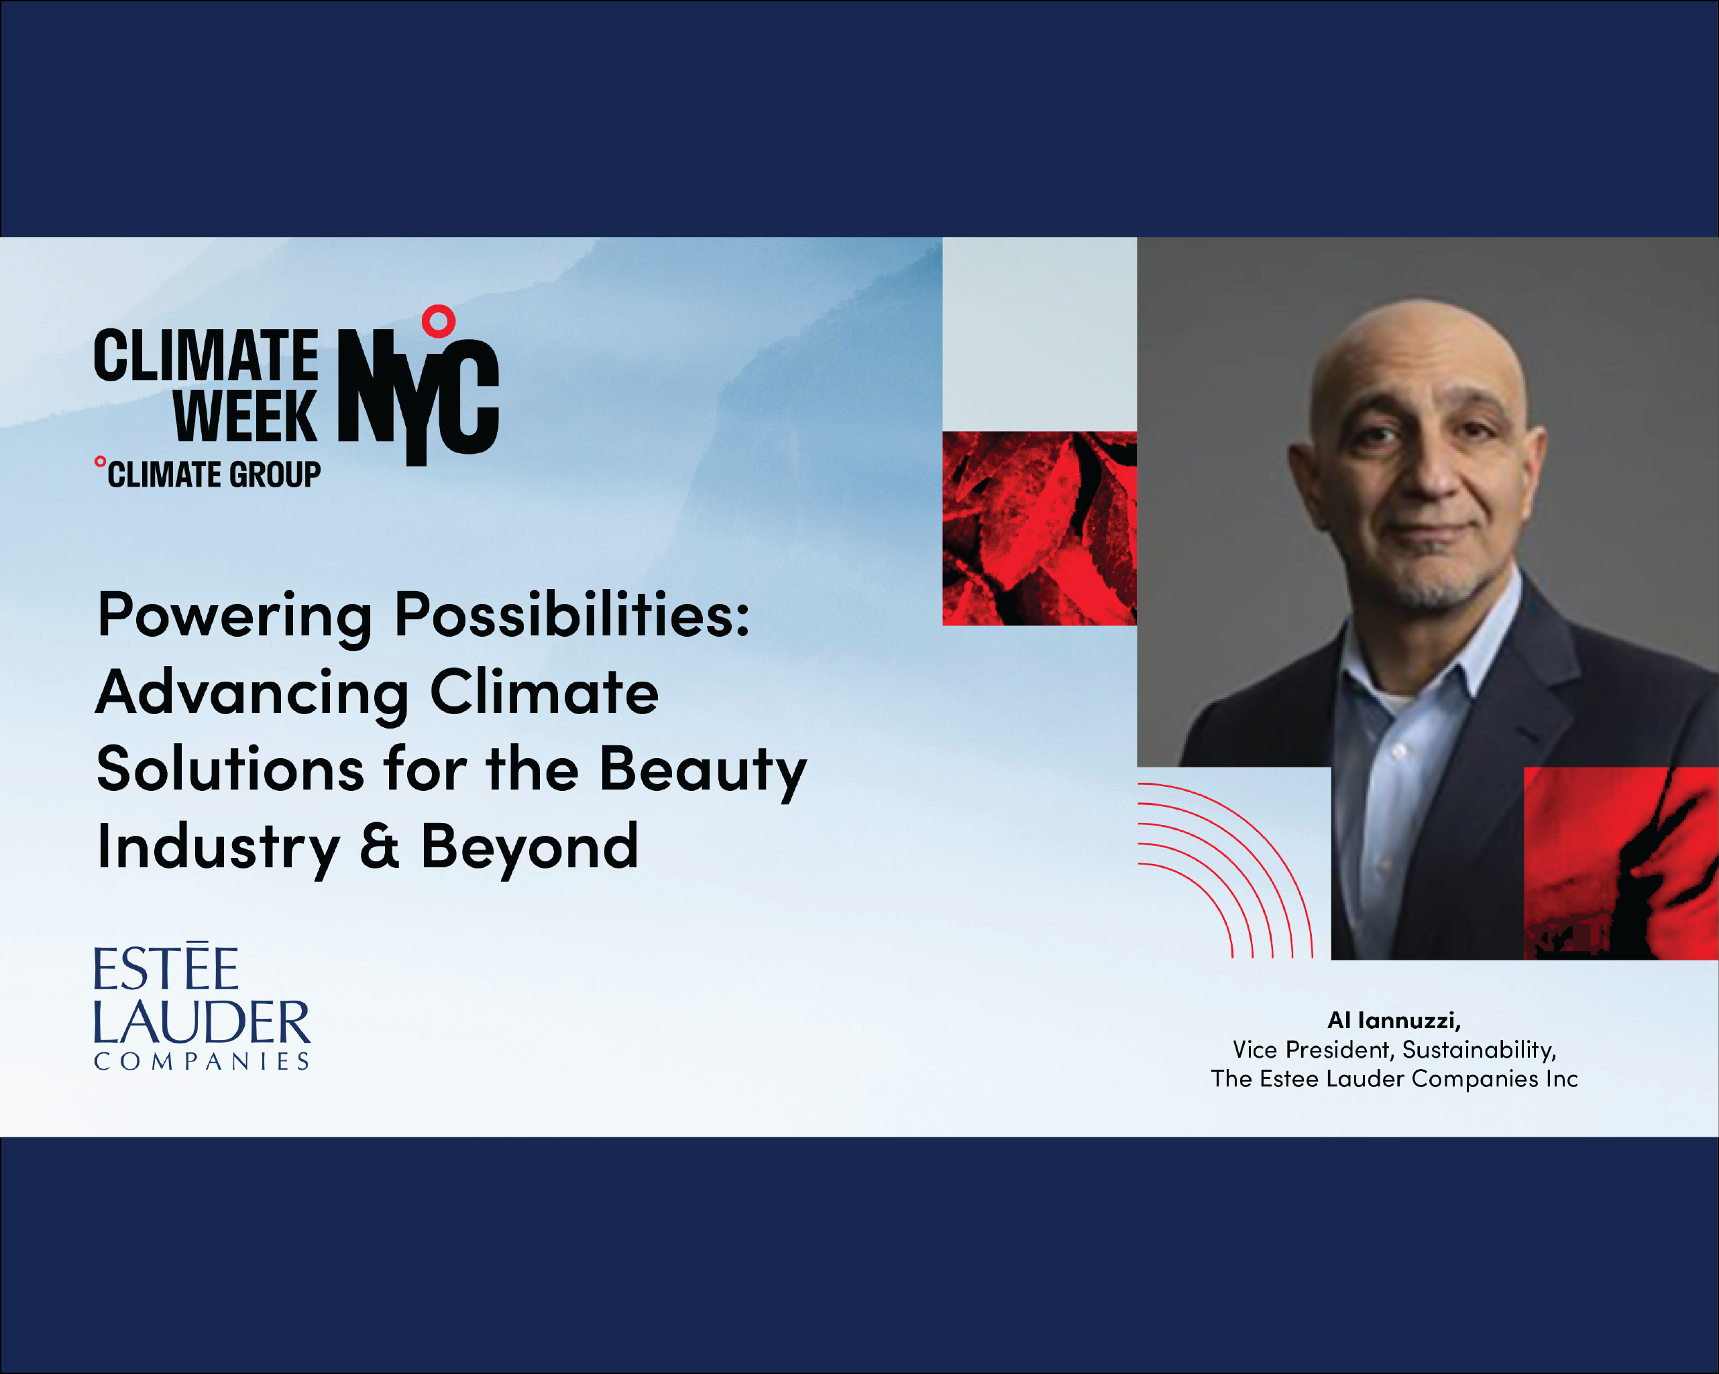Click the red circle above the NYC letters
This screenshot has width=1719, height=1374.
pos(438,321)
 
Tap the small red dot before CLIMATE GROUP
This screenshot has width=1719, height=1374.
pos(101,461)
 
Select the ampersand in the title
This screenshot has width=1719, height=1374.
pos(380,847)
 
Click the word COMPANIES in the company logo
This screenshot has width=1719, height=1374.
pos(202,1062)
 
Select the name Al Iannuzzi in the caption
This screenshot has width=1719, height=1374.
pos(1393,1020)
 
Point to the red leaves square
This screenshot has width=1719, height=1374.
pos(1039,528)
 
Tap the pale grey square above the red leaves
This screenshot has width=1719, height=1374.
pos(1039,334)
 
